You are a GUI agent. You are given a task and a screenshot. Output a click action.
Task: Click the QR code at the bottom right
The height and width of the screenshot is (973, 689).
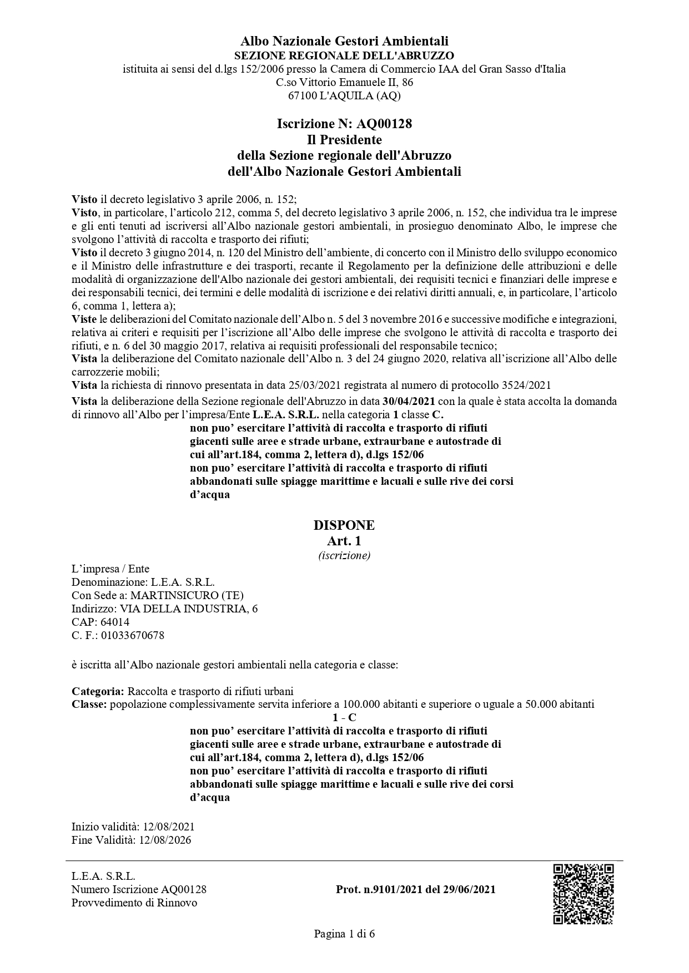click(x=582, y=894)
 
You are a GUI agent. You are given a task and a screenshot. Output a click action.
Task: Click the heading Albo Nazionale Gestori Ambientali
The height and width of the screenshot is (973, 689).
click(x=344, y=41)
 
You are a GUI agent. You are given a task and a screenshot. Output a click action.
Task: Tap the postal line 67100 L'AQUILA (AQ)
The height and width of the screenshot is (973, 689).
click(x=344, y=95)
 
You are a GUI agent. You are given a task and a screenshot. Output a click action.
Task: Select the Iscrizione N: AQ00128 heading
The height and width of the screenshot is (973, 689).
click(x=344, y=124)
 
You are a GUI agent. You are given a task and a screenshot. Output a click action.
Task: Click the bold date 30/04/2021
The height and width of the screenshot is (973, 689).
click(x=409, y=401)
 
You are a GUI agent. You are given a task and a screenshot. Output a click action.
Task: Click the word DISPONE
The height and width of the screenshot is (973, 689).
click(x=344, y=525)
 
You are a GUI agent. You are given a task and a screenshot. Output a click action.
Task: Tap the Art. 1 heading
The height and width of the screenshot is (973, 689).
click(x=344, y=540)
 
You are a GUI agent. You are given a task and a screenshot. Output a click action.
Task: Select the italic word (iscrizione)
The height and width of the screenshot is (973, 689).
click(x=344, y=555)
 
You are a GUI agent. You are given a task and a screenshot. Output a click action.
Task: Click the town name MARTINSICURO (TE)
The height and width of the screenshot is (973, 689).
click(x=187, y=595)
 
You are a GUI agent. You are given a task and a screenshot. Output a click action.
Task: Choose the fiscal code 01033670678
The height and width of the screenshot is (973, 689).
click(x=132, y=635)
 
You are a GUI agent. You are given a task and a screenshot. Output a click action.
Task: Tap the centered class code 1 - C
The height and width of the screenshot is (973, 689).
click(x=344, y=717)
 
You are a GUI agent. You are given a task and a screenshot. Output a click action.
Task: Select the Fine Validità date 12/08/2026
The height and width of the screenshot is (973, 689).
click(x=165, y=840)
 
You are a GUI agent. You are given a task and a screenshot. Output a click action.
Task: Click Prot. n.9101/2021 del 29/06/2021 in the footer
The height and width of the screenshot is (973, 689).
click(x=415, y=889)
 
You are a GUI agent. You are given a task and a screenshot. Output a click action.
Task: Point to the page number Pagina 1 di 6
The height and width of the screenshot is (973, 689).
click(x=344, y=934)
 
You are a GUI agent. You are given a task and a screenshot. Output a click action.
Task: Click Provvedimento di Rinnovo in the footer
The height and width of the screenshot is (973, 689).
click(x=134, y=903)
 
